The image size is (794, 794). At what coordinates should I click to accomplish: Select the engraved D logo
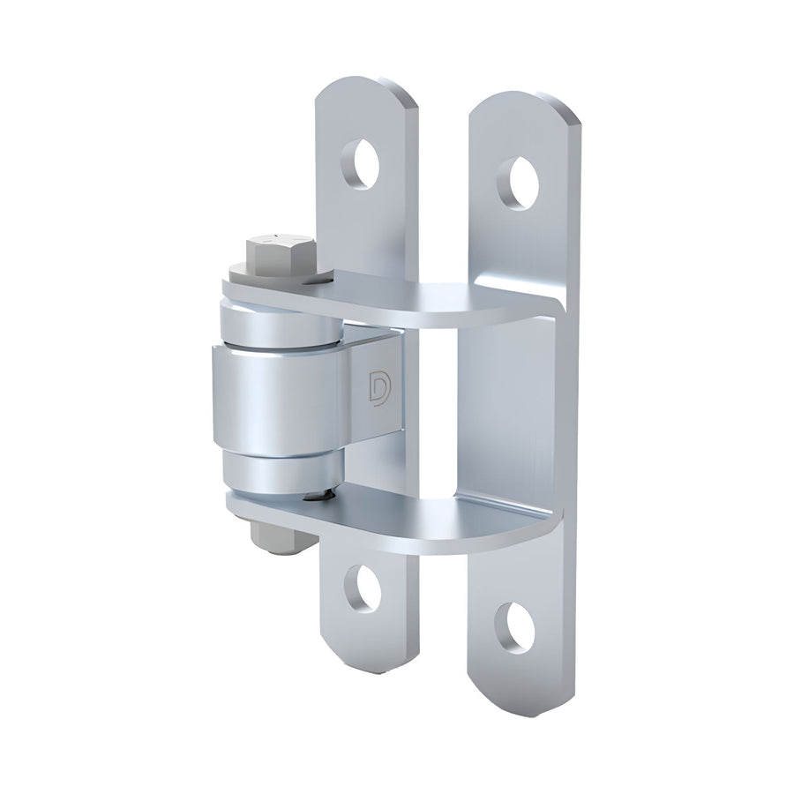375,389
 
